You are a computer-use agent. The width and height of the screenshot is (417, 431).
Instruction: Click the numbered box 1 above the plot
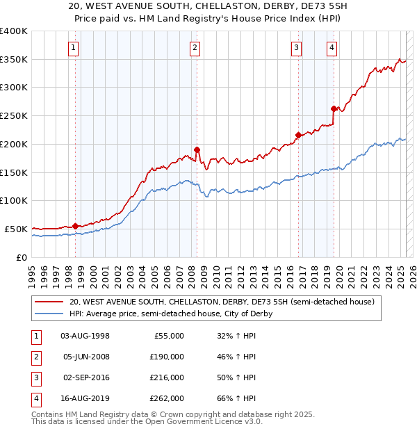click(x=74, y=48)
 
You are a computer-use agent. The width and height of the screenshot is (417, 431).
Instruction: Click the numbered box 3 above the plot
click(x=296, y=48)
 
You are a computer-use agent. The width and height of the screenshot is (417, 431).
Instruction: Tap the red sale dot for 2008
click(x=197, y=149)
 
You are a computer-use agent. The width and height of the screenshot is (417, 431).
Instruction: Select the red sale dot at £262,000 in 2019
click(x=334, y=108)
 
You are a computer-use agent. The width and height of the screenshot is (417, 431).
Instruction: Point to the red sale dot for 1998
click(x=75, y=226)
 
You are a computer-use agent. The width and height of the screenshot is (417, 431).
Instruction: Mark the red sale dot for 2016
click(x=298, y=135)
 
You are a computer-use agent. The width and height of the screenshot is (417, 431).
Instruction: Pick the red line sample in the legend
click(x=49, y=302)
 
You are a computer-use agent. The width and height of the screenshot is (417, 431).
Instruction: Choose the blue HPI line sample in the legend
click(x=49, y=314)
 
